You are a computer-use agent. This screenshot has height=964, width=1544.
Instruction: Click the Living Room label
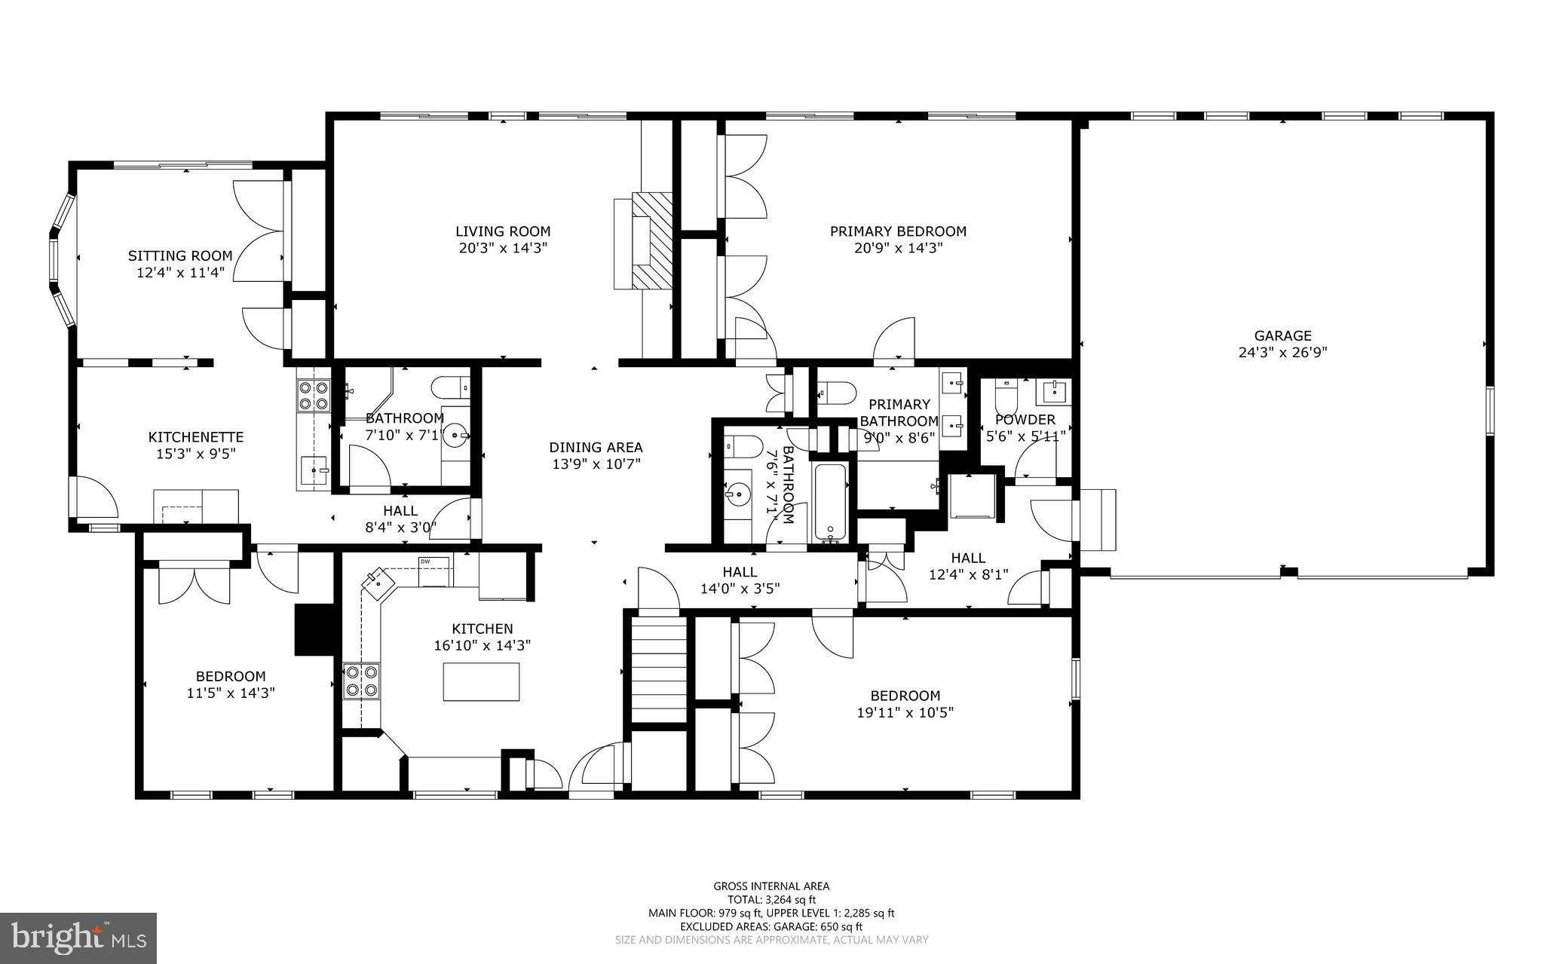[503, 231]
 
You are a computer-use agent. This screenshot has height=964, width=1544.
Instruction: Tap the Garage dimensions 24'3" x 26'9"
[1282, 352]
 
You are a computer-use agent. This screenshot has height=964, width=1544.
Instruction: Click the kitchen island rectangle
[481, 681]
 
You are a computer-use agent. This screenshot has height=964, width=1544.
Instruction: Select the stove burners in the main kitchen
[361, 681]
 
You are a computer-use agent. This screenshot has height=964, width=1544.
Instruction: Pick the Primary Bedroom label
[898, 231]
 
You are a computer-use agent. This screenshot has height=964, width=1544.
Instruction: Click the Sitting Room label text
[180, 256]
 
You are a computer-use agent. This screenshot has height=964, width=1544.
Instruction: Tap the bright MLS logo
[78, 938]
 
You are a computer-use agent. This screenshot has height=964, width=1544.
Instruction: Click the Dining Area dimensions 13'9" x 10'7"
[596, 464]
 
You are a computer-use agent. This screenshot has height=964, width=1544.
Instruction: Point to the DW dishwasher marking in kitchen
[425, 562]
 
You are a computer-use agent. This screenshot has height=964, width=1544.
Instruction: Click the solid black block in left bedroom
[314, 629]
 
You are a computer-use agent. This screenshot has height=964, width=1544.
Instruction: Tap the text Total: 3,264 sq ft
[771, 899]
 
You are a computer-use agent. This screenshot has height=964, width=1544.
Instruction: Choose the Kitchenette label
[196, 437]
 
